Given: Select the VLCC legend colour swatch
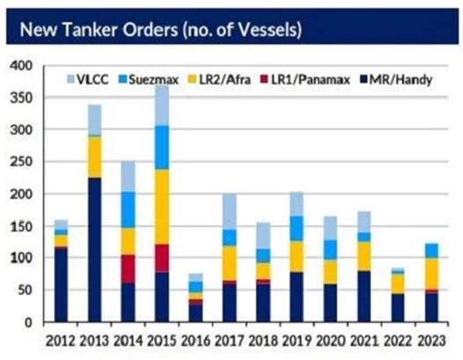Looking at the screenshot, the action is (71, 79).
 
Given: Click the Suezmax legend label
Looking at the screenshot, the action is (153, 80).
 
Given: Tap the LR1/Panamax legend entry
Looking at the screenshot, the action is (305, 80).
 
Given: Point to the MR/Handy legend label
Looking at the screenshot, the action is (401, 80).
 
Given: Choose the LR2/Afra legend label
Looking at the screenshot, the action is (224, 80).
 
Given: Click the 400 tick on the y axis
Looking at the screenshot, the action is (21, 65).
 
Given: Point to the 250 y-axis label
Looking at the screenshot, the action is (21, 162).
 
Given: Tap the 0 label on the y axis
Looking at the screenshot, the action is (28, 322).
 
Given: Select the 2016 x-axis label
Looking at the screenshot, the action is (195, 342).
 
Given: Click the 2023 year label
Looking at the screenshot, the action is (431, 342).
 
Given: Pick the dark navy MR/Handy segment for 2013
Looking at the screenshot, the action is (94, 250).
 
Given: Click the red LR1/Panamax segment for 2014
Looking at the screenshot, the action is (129, 268).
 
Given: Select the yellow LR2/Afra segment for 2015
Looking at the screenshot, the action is (162, 207).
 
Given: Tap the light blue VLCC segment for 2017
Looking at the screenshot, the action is (230, 211).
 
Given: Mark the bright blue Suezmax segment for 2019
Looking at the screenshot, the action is (297, 229).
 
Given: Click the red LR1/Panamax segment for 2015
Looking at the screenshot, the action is (162, 259).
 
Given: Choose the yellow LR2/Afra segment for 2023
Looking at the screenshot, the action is (431, 274).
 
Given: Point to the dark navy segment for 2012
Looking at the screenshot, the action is (61, 284).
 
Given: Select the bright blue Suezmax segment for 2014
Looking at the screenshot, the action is (129, 210).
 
